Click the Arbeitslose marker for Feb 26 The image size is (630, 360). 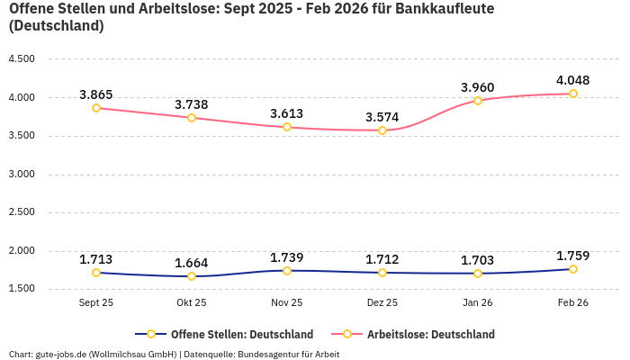pyautogui.click(x=573, y=94)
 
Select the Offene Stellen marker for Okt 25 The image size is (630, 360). pyautogui.click(x=192, y=276)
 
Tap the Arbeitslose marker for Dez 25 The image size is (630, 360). pyautogui.click(x=382, y=130)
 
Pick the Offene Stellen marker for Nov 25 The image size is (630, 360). pyautogui.click(x=287, y=271)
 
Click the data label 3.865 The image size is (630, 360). pyautogui.click(x=96, y=94)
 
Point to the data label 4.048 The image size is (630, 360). pyautogui.click(x=573, y=80)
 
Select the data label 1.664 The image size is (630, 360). pyautogui.click(x=192, y=263)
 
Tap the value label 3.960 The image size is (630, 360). pyautogui.click(x=478, y=87)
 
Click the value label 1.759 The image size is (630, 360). pyautogui.click(x=573, y=256)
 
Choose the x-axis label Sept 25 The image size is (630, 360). pyautogui.click(x=96, y=303)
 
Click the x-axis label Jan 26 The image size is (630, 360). pyautogui.click(x=478, y=303)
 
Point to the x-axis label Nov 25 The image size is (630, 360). pyautogui.click(x=287, y=303)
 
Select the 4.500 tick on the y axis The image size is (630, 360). pyautogui.click(x=21, y=59)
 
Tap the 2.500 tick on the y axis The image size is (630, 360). pyautogui.click(x=21, y=212)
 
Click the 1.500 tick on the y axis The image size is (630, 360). pyautogui.click(x=21, y=289)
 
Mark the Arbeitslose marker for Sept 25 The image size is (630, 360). pyautogui.click(x=96, y=108)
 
